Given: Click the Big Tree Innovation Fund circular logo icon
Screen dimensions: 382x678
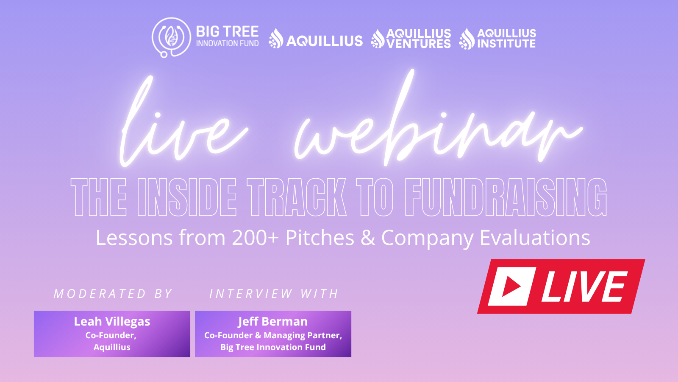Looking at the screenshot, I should [171, 37].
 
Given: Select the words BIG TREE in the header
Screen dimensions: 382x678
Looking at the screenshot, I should [227, 32].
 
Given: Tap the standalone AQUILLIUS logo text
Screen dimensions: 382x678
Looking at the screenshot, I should [325, 41].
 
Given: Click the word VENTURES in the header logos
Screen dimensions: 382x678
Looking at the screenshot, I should [419, 44].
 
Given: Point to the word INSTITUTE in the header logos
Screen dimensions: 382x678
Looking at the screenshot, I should [506, 44].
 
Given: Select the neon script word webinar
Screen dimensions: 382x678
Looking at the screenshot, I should [436, 127].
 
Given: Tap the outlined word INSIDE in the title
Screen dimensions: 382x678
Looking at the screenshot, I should [187, 197].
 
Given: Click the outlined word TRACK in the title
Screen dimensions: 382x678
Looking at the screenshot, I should [297, 197].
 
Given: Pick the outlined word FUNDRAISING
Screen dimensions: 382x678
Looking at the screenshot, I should [506, 197].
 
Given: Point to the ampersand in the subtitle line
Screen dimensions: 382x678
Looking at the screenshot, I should [368, 238].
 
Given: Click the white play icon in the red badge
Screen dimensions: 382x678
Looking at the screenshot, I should [511, 286].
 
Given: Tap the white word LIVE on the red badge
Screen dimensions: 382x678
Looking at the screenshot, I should [584, 286].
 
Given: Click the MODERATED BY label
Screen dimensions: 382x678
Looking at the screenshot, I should [113, 294].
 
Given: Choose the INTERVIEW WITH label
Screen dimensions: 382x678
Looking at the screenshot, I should [274, 294].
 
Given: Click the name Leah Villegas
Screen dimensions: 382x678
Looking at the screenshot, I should [112, 322].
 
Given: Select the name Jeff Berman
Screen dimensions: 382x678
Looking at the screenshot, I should [273, 322].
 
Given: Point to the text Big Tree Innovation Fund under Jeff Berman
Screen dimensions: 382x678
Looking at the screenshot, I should [273, 347].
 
